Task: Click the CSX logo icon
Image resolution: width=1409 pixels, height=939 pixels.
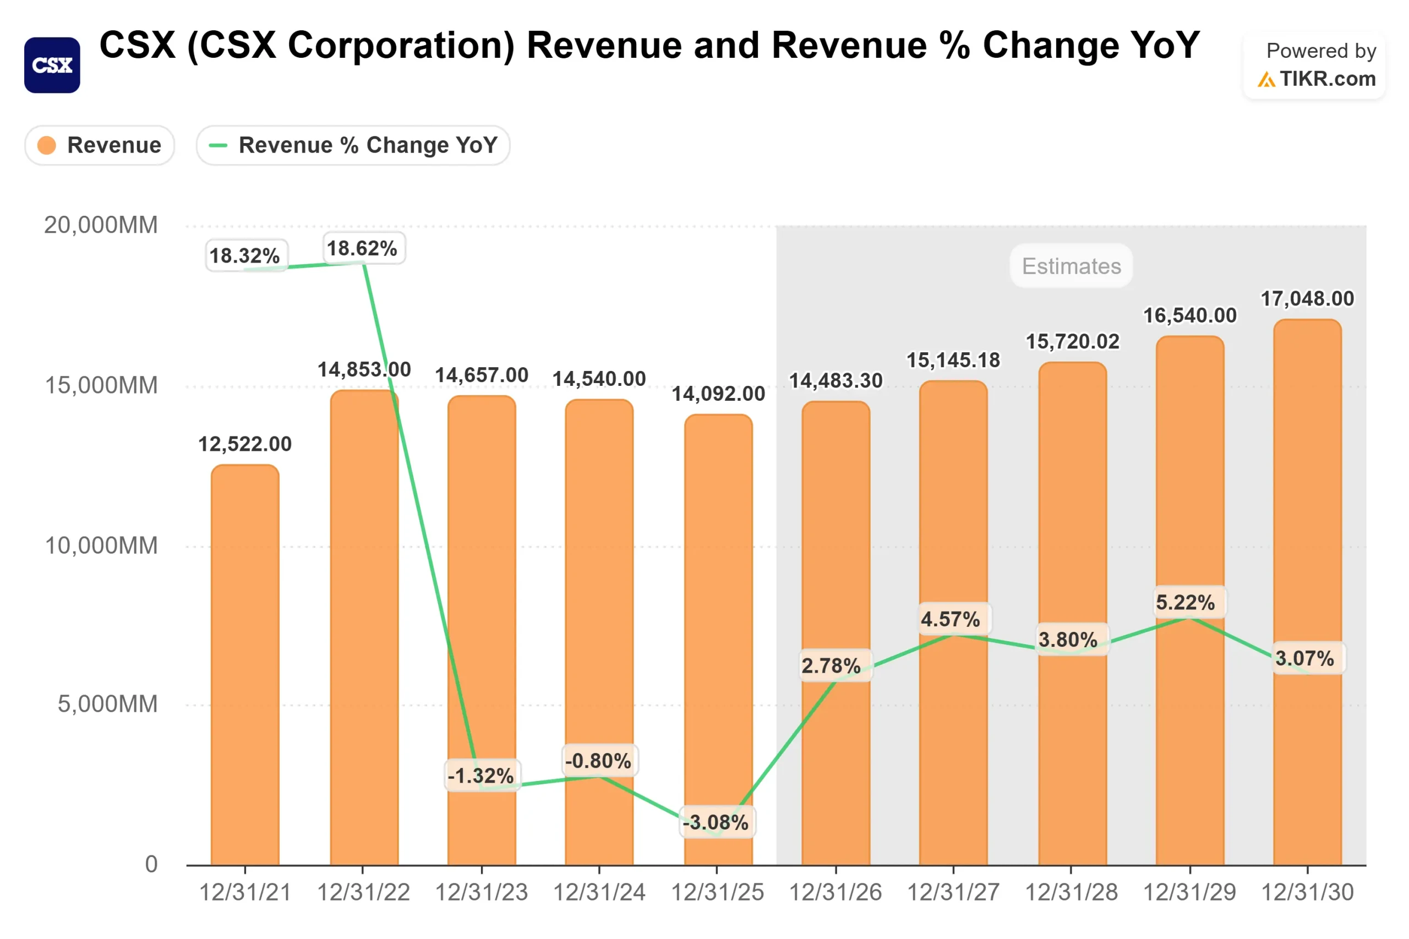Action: (x=52, y=65)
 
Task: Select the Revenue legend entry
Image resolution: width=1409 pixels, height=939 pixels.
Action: (x=100, y=145)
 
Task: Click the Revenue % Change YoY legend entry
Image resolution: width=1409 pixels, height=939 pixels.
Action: (x=353, y=145)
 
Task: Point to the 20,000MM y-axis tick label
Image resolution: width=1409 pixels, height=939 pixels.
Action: (x=101, y=225)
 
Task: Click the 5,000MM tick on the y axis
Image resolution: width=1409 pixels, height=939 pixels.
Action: (x=107, y=705)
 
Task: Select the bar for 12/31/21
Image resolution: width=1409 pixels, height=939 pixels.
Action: (x=245, y=665)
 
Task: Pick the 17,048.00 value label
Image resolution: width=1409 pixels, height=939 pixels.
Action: (x=1307, y=298)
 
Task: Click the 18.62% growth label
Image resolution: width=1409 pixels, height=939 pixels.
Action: (x=362, y=248)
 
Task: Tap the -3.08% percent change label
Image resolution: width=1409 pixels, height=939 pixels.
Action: (x=716, y=822)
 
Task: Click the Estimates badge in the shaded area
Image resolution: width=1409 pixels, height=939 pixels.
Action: (x=1071, y=266)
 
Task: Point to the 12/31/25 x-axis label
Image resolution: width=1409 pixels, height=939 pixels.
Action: (x=717, y=892)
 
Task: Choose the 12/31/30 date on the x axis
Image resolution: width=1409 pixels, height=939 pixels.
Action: (x=1307, y=892)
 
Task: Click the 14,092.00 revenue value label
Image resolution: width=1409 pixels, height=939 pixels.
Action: (x=717, y=394)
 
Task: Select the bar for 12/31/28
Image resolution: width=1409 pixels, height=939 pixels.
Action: (x=1072, y=617)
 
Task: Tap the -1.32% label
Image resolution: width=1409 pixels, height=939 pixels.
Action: (x=481, y=776)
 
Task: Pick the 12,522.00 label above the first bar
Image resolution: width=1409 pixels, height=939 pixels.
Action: (x=245, y=444)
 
